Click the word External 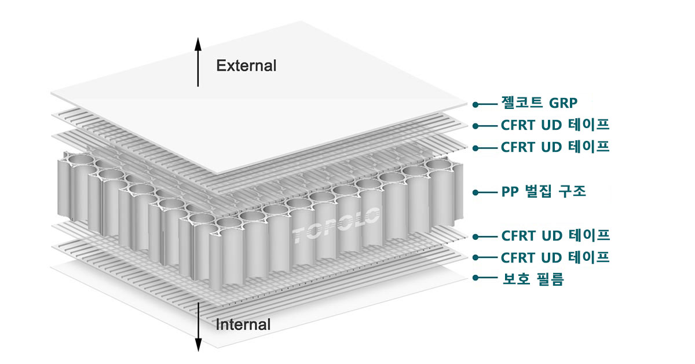(246, 65)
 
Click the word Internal (243, 325)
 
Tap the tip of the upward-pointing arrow (197, 39)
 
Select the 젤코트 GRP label (539, 104)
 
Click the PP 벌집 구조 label (543, 192)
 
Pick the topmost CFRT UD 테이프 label (555, 125)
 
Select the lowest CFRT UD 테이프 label (555, 257)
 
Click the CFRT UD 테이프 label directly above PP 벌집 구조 (555, 147)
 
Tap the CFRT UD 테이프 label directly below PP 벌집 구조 (555, 236)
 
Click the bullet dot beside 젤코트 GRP (475, 105)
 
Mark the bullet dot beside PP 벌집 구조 (475, 192)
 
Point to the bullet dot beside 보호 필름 (475, 278)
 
